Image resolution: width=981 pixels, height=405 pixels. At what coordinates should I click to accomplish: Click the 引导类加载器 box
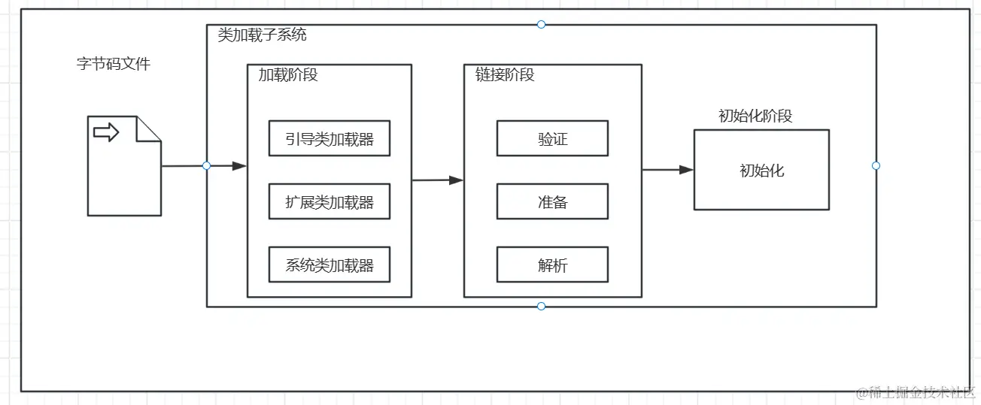pos(329,138)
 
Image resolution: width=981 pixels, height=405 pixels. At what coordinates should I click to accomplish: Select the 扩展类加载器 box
pos(329,201)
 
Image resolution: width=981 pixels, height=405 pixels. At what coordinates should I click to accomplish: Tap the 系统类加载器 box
pos(329,264)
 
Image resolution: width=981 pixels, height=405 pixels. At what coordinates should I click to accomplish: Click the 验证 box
pos(552,138)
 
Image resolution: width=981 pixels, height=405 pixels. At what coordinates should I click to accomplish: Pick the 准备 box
pos(552,201)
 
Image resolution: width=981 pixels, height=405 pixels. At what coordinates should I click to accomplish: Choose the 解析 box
pos(552,264)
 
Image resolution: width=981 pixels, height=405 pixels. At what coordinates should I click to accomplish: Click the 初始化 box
pos(761,170)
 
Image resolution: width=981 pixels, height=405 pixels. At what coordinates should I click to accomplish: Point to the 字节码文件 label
pos(114,64)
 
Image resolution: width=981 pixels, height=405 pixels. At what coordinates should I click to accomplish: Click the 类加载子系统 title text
pos(262,35)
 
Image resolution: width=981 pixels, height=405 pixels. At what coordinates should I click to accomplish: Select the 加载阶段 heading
pos(288,75)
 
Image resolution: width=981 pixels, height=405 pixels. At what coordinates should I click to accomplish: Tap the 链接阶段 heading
pos(505,75)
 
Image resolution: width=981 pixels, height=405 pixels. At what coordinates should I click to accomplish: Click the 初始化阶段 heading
pos(755,116)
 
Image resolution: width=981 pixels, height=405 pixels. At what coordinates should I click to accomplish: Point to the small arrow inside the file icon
pos(106,133)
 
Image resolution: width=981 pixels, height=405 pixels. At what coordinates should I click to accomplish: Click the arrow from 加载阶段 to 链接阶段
pos(437,180)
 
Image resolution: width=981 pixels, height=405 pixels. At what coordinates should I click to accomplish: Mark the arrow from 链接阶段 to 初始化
pos(667,170)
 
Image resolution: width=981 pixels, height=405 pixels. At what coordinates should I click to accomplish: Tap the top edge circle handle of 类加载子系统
pos(541,25)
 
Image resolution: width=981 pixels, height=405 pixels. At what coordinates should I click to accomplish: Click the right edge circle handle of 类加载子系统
pos(876,165)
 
